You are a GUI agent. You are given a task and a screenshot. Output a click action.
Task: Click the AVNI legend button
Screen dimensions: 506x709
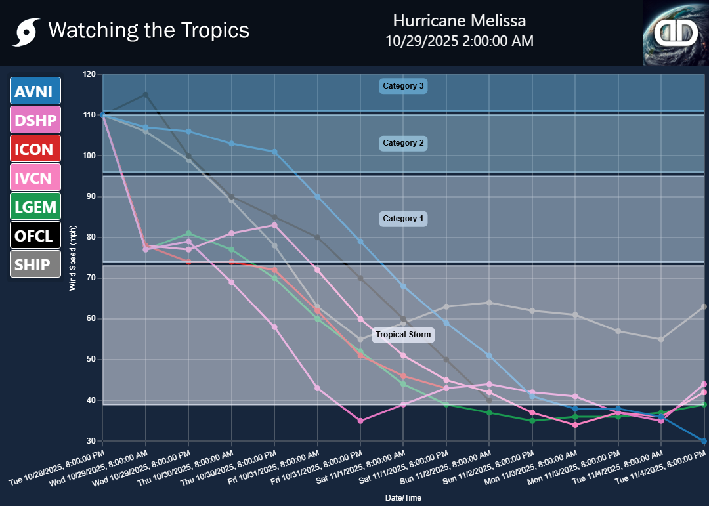(x=35, y=91)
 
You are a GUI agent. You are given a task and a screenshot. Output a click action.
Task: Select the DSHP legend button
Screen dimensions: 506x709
(x=35, y=119)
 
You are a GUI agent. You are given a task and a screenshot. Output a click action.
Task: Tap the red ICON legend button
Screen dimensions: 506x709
(x=35, y=148)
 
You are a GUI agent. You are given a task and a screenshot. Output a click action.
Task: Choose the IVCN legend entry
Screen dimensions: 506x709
(x=35, y=177)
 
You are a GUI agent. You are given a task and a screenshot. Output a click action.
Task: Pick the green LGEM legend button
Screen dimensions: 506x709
(x=35, y=206)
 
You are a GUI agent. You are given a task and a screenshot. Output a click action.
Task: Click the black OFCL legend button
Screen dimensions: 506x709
(x=35, y=235)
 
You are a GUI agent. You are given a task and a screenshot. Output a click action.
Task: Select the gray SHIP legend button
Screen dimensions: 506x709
(x=35, y=264)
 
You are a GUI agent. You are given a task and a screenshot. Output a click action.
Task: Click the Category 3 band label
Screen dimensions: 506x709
(x=404, y=86)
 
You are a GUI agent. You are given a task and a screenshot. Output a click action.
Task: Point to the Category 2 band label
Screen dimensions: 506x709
(x=404, y=143)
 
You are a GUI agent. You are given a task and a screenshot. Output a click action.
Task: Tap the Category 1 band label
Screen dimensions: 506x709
(x=404, y=219)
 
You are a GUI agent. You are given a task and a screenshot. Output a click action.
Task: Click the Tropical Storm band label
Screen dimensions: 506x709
(x=404, y=335)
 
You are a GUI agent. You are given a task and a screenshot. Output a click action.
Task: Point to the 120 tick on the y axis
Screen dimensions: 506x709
(x=89, y=74)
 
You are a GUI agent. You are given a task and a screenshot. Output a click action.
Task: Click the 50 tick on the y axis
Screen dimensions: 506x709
(x=91, y=360)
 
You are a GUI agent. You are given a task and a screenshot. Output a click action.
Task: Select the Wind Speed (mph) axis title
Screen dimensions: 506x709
(x=74, y=257)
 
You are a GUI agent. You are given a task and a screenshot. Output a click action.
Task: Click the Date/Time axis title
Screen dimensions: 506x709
(x=403, y=498)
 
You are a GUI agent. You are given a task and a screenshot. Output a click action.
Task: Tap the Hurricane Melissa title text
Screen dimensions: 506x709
(x=459, y=20)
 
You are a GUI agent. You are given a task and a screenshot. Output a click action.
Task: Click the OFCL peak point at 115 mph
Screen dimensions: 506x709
(x=146, y=95)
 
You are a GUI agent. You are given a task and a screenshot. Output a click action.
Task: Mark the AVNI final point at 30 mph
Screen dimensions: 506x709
(x=704, y=441)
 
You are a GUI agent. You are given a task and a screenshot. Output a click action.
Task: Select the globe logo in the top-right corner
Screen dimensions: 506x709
(x=676, y=32)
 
